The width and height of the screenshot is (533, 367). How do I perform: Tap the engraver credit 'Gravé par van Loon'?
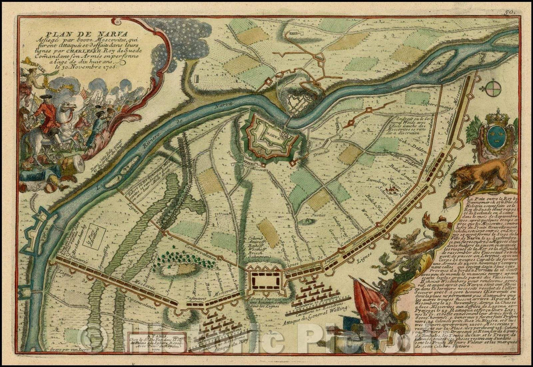point(105,348)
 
